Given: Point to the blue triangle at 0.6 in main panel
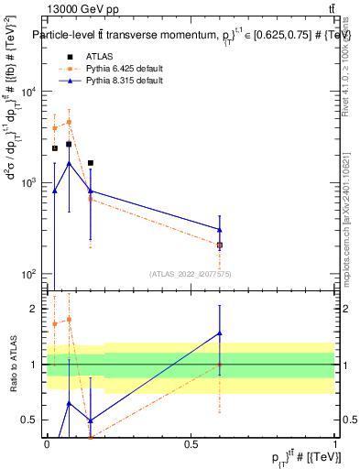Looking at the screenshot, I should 220,230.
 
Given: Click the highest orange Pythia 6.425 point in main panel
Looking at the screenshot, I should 69,122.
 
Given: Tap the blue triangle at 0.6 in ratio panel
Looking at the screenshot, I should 220,333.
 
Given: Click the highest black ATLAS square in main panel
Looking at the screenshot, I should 69,144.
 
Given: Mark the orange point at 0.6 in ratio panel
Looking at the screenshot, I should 220,364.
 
